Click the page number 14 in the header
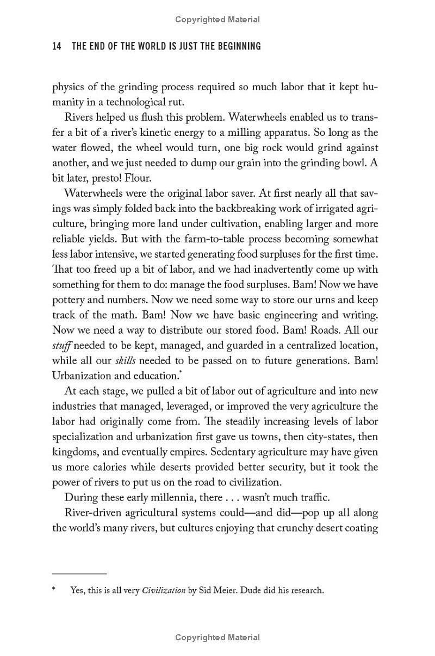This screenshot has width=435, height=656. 57,46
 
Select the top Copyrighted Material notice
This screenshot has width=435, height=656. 217,20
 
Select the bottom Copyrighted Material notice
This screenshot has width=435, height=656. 217,638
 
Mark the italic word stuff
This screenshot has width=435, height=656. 61,345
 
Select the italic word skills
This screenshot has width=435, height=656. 125,360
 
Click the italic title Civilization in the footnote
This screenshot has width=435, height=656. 164,590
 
